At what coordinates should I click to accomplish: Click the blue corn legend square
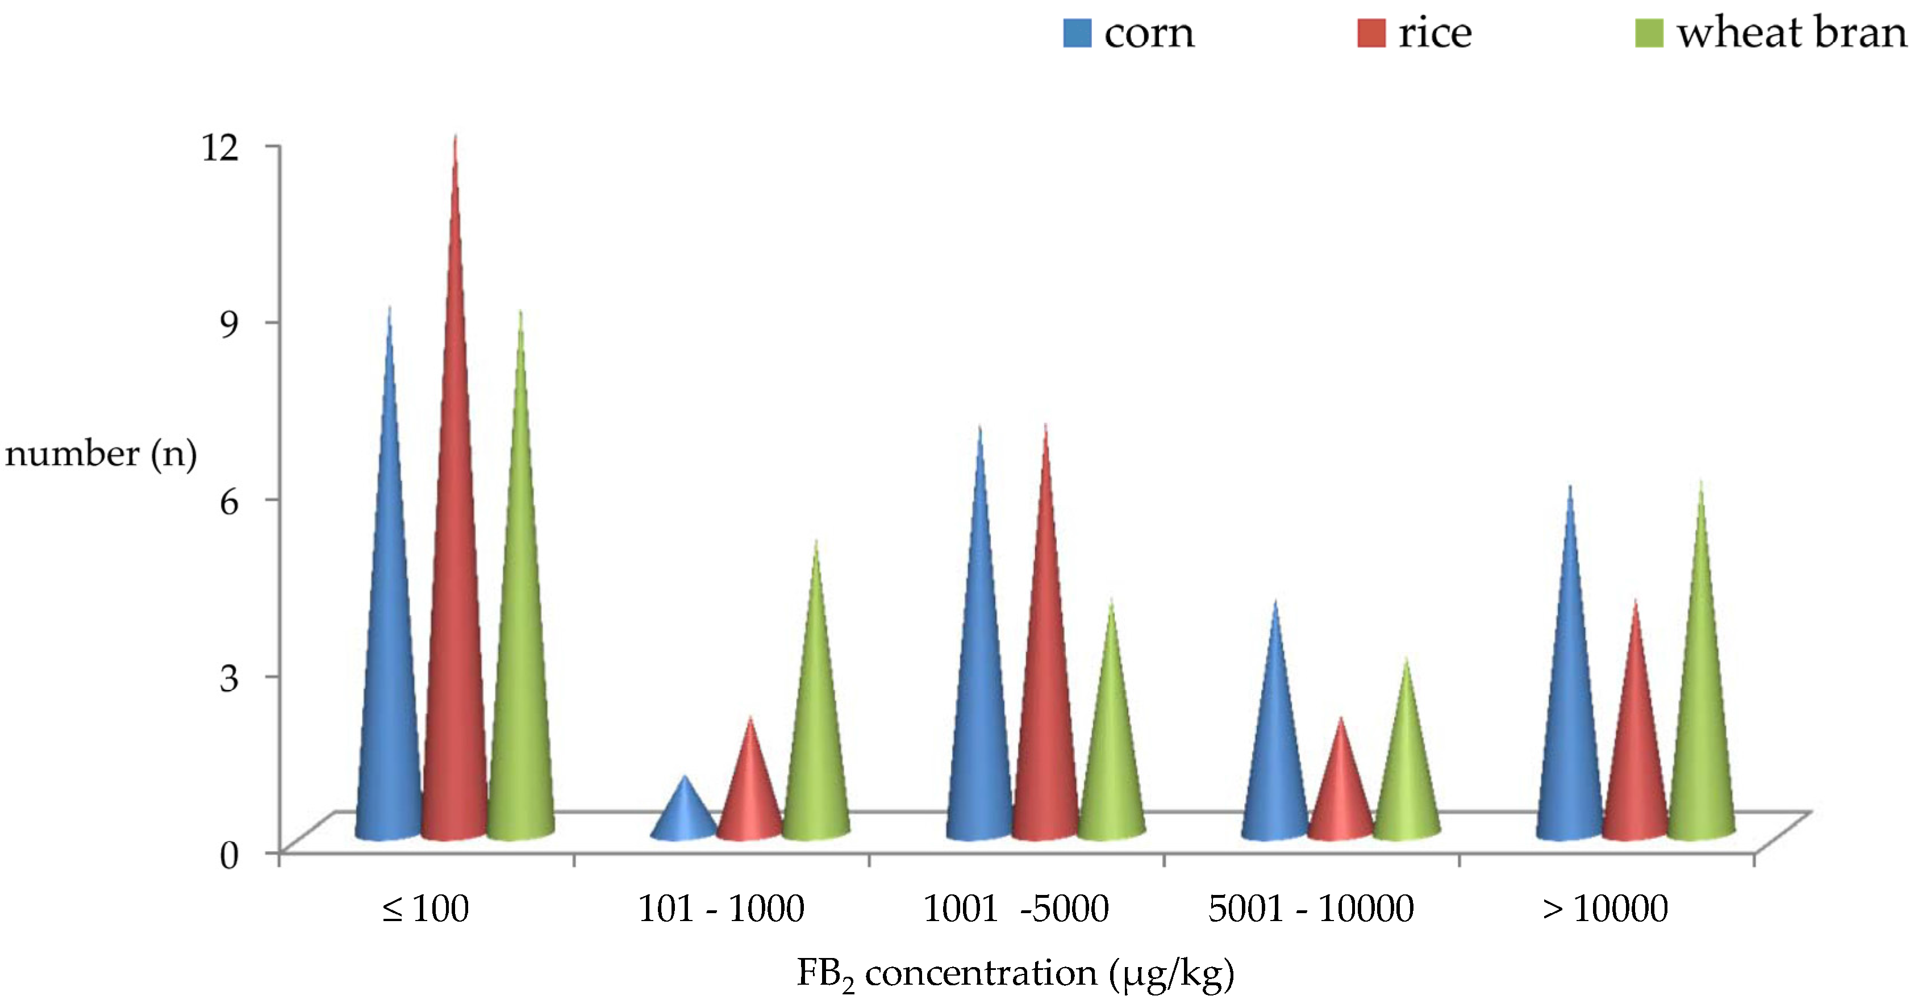point(1077,34)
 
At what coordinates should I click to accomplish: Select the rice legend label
point(1434,34)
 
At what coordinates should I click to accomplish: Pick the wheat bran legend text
point(1791,34)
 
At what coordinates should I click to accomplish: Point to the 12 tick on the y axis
point(220,147)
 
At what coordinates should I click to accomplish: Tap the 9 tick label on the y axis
point(229,324)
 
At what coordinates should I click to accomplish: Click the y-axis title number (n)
point(101,454)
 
